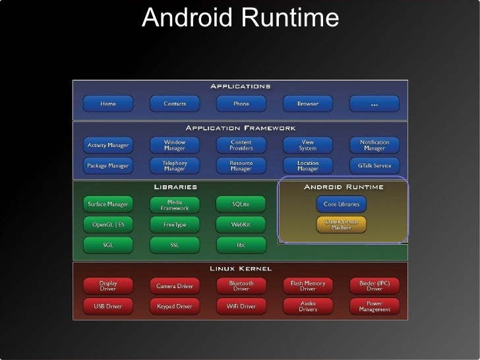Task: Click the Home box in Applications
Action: [x=107, y=104]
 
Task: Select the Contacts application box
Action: [x=175, y=104]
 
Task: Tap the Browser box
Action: [x=307, y=104]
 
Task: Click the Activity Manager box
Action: [x=107, y=144]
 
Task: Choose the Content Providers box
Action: [x=241, y=144]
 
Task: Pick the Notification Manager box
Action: [x=374, y=144]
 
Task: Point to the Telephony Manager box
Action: [x=175, y=165]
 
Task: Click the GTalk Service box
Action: [x=374, y=165]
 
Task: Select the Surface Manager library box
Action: [x=107, y=204]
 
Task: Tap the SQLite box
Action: [x=241, y=204]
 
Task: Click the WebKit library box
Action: [x=241, y=225]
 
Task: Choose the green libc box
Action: [x=241, y=245]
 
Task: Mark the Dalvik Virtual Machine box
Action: [x=342, y=224]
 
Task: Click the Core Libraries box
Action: [x=342, y=204]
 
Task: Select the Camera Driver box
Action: [x=175, y=286]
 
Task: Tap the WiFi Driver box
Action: [x=241, y=306]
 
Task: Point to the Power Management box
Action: [x=374, y=306]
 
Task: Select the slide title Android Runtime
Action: [x=240, y=18]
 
